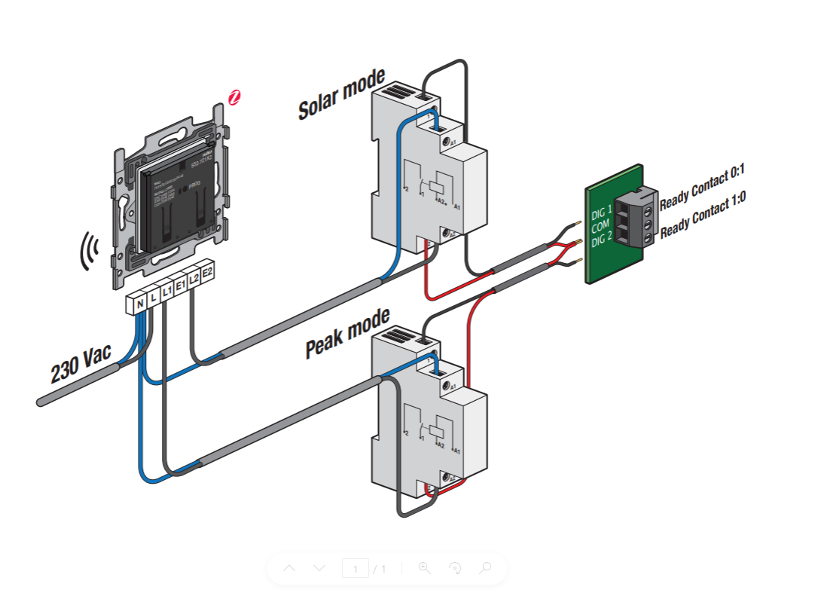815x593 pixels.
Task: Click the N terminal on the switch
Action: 139,304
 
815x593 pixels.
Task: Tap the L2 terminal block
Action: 194,279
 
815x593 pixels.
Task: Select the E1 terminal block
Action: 180,286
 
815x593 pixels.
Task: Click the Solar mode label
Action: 341,94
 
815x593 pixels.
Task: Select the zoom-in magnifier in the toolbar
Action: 425,568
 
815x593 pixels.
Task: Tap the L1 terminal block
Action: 166,292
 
